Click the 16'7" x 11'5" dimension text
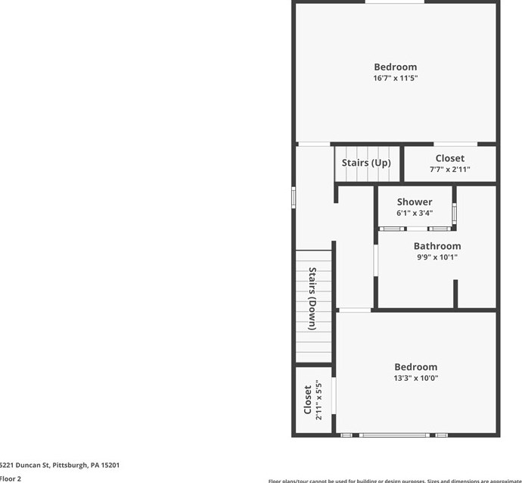pyautogui.click(x=395, y=78)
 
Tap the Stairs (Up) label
pyautogui.click(x=366, y=163)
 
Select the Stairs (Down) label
pyautogui.click(x=312, y=299)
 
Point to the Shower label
pyautogui.click(x=415, y=202)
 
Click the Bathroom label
pyautogui.click(x=437, y=246)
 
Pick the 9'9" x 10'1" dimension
pyautogui.click(x=437, y=257)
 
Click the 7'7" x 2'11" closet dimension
pyautogui.click(x=449, y=170)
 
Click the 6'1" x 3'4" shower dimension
pyautogui.click(x=415, y=213)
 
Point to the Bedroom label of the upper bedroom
pyautogui.click(x=395, y=67)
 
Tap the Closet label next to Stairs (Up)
pyautogui.click(x=449, y=158)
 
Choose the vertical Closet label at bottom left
pyautogui.click(x=308, y=400)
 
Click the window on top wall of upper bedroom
pyautogui.click(x=394, y=2)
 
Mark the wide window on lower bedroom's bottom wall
pyautogui.click(x=394, y=435)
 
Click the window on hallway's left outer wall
pyautogui.click(x=294, y=196)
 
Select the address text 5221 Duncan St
pyautogui.click(x=60, y=466)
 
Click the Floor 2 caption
pyautogui.click(x=11, y=478)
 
